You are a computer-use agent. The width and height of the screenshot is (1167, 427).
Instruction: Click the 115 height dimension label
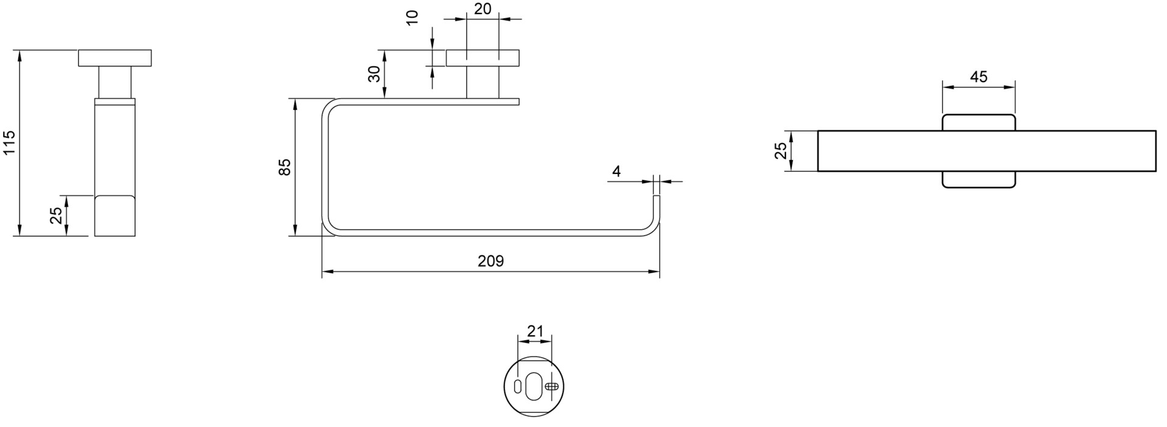click(x=9, y=142)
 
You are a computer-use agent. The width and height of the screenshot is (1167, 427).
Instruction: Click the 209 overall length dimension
click(x=491, y=261)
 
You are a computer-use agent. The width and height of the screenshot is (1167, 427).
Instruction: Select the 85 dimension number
click(x=284, y=167)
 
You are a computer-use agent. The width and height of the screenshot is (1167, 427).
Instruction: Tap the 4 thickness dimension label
click(x=616, y=172)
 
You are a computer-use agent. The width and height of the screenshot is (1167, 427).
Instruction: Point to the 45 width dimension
click(x=979, y=77)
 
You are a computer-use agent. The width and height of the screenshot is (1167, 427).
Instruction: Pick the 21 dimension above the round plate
click(x=535, y=332)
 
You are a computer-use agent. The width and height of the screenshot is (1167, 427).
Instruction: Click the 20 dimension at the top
click(x=483, y=9)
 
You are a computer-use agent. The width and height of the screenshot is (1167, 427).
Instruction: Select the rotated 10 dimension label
click(x=413, y=17)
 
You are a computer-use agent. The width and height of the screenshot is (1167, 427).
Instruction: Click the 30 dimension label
click(x=374, y=74)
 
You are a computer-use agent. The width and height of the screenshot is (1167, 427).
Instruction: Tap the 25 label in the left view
click(x=56, y=215)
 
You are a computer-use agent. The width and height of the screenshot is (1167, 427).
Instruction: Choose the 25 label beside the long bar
click(x=780, y=150)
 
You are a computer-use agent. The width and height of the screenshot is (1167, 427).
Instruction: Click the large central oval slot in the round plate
click(x=533, y=386)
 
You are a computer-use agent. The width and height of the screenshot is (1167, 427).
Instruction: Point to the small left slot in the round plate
click(x=517, y=386)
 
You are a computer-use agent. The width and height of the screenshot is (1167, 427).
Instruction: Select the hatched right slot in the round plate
click(x=551, y=386)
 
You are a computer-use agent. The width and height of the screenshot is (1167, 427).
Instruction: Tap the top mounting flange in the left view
click(x=115, y=58)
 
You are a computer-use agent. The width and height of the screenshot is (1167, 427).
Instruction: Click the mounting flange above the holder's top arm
click(x=483, y=58)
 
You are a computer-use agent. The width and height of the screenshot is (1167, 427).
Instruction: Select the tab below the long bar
click(x=979, y=180)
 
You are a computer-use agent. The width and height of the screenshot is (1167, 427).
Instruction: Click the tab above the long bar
click(x=979, y=122)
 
